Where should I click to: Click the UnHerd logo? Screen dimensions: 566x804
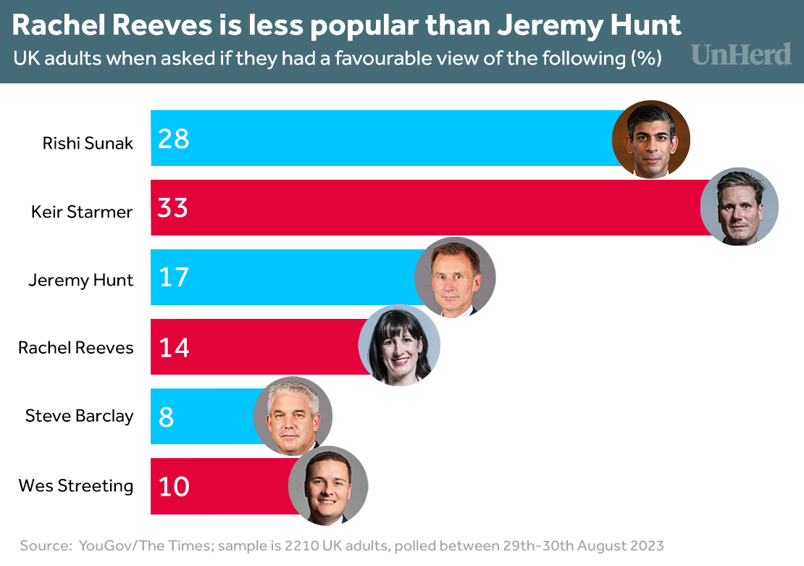741,54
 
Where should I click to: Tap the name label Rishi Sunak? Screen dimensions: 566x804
88,143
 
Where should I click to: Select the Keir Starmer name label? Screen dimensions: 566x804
82,212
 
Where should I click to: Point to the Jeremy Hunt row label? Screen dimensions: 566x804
80,280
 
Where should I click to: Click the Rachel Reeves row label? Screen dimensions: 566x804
76,348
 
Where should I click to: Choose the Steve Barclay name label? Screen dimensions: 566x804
79,416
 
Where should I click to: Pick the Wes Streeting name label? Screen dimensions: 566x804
76,486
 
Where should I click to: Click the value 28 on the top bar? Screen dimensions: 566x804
174,138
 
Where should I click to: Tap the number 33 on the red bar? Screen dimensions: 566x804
173,208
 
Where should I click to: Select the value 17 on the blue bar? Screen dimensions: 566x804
173,278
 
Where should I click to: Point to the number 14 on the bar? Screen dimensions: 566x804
174,348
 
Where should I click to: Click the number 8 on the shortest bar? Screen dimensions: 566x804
167,417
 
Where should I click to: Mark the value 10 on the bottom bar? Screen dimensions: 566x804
174,486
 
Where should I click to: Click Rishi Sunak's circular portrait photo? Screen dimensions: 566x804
650,139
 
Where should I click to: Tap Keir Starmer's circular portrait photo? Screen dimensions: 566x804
739,207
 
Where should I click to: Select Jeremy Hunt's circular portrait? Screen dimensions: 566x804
455,278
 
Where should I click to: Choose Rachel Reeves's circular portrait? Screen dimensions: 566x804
399,346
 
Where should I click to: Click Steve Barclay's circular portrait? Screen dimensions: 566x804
293,417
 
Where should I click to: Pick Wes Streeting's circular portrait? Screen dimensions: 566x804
328,486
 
